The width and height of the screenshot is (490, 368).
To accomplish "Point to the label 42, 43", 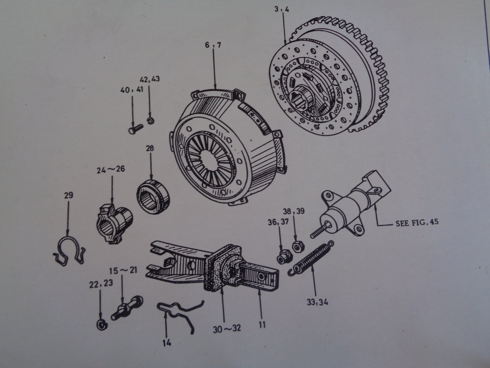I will (150, 80).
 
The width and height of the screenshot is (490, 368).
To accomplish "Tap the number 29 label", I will (69, 195).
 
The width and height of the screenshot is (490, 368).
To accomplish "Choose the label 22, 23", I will (100, 284).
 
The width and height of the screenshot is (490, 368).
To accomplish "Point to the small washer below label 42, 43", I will (150, 120).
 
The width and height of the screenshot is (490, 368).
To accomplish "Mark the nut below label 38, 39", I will (296, 246).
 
